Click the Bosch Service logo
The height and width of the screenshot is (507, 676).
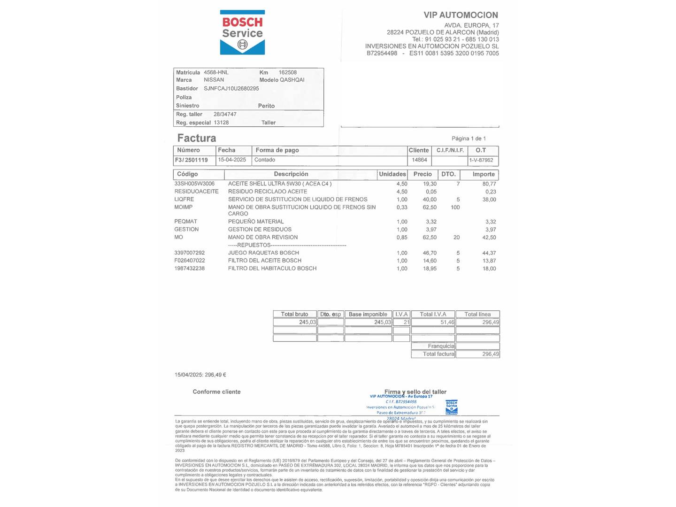point(242,32)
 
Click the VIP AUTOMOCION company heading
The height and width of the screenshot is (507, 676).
point(461,15)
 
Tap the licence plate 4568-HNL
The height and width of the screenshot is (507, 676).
point(216,72)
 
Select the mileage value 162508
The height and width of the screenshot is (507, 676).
point(287,72)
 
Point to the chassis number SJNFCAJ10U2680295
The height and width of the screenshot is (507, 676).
point(231,88)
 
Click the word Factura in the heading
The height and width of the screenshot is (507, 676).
point(197,138)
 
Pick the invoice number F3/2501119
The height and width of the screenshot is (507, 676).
point(192,160)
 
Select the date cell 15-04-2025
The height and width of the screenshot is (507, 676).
point(232,160)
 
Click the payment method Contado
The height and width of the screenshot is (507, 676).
point(265,160)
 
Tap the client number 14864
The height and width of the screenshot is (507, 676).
point(419,160)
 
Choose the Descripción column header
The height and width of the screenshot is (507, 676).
point(291,174)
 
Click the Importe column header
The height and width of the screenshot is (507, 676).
point(484,174)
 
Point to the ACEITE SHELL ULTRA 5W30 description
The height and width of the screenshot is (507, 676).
point(280,184)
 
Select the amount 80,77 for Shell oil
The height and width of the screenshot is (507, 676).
point(489,184)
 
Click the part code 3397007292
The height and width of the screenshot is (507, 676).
point(190,253)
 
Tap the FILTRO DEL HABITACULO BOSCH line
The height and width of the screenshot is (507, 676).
point(272,269)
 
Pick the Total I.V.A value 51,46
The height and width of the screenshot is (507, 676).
point(447,322)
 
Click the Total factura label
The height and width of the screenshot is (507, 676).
point(438,354)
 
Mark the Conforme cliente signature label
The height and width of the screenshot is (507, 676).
point(216,392)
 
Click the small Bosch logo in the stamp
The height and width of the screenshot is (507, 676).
point(451,407)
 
